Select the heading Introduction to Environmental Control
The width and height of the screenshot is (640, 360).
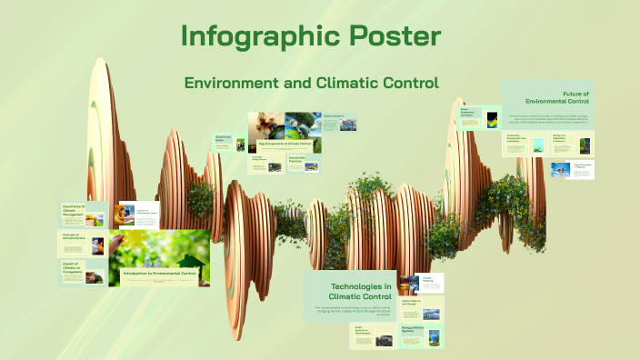[160, 272]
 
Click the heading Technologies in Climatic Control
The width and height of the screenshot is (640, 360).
[350, 292]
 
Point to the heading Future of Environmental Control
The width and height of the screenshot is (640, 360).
[565, 97]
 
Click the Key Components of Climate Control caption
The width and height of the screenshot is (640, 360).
[285, 144]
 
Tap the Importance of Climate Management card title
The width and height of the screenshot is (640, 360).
[74, 212]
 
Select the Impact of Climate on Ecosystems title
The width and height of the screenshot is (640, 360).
[74, 268]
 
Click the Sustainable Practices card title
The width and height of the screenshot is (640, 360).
[302, 158]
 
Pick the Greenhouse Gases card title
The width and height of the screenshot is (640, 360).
[224, 139]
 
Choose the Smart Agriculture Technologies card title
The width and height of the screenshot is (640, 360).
[365, 331]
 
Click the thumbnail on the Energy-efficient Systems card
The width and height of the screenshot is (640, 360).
[435, 338]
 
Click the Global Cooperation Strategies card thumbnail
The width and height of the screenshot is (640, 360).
[492, 118]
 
